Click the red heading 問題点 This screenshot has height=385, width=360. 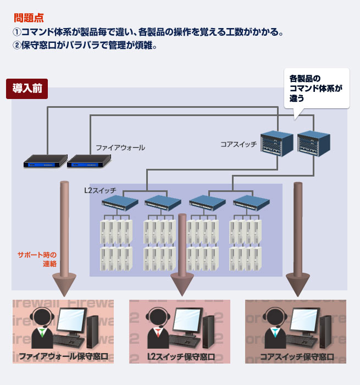pos(29,18)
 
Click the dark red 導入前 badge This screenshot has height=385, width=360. pos(26,89)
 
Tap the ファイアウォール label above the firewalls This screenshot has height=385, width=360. pos(120,147)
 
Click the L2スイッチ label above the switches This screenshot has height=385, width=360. pos(99,190)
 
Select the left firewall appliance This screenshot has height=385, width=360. pos(45,161)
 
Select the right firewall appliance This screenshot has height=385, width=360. pos(88,161)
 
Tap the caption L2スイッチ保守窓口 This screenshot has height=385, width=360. pos(181,356)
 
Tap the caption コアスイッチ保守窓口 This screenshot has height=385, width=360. pos(297,356)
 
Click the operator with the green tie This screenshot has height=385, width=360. pos(42,328)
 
